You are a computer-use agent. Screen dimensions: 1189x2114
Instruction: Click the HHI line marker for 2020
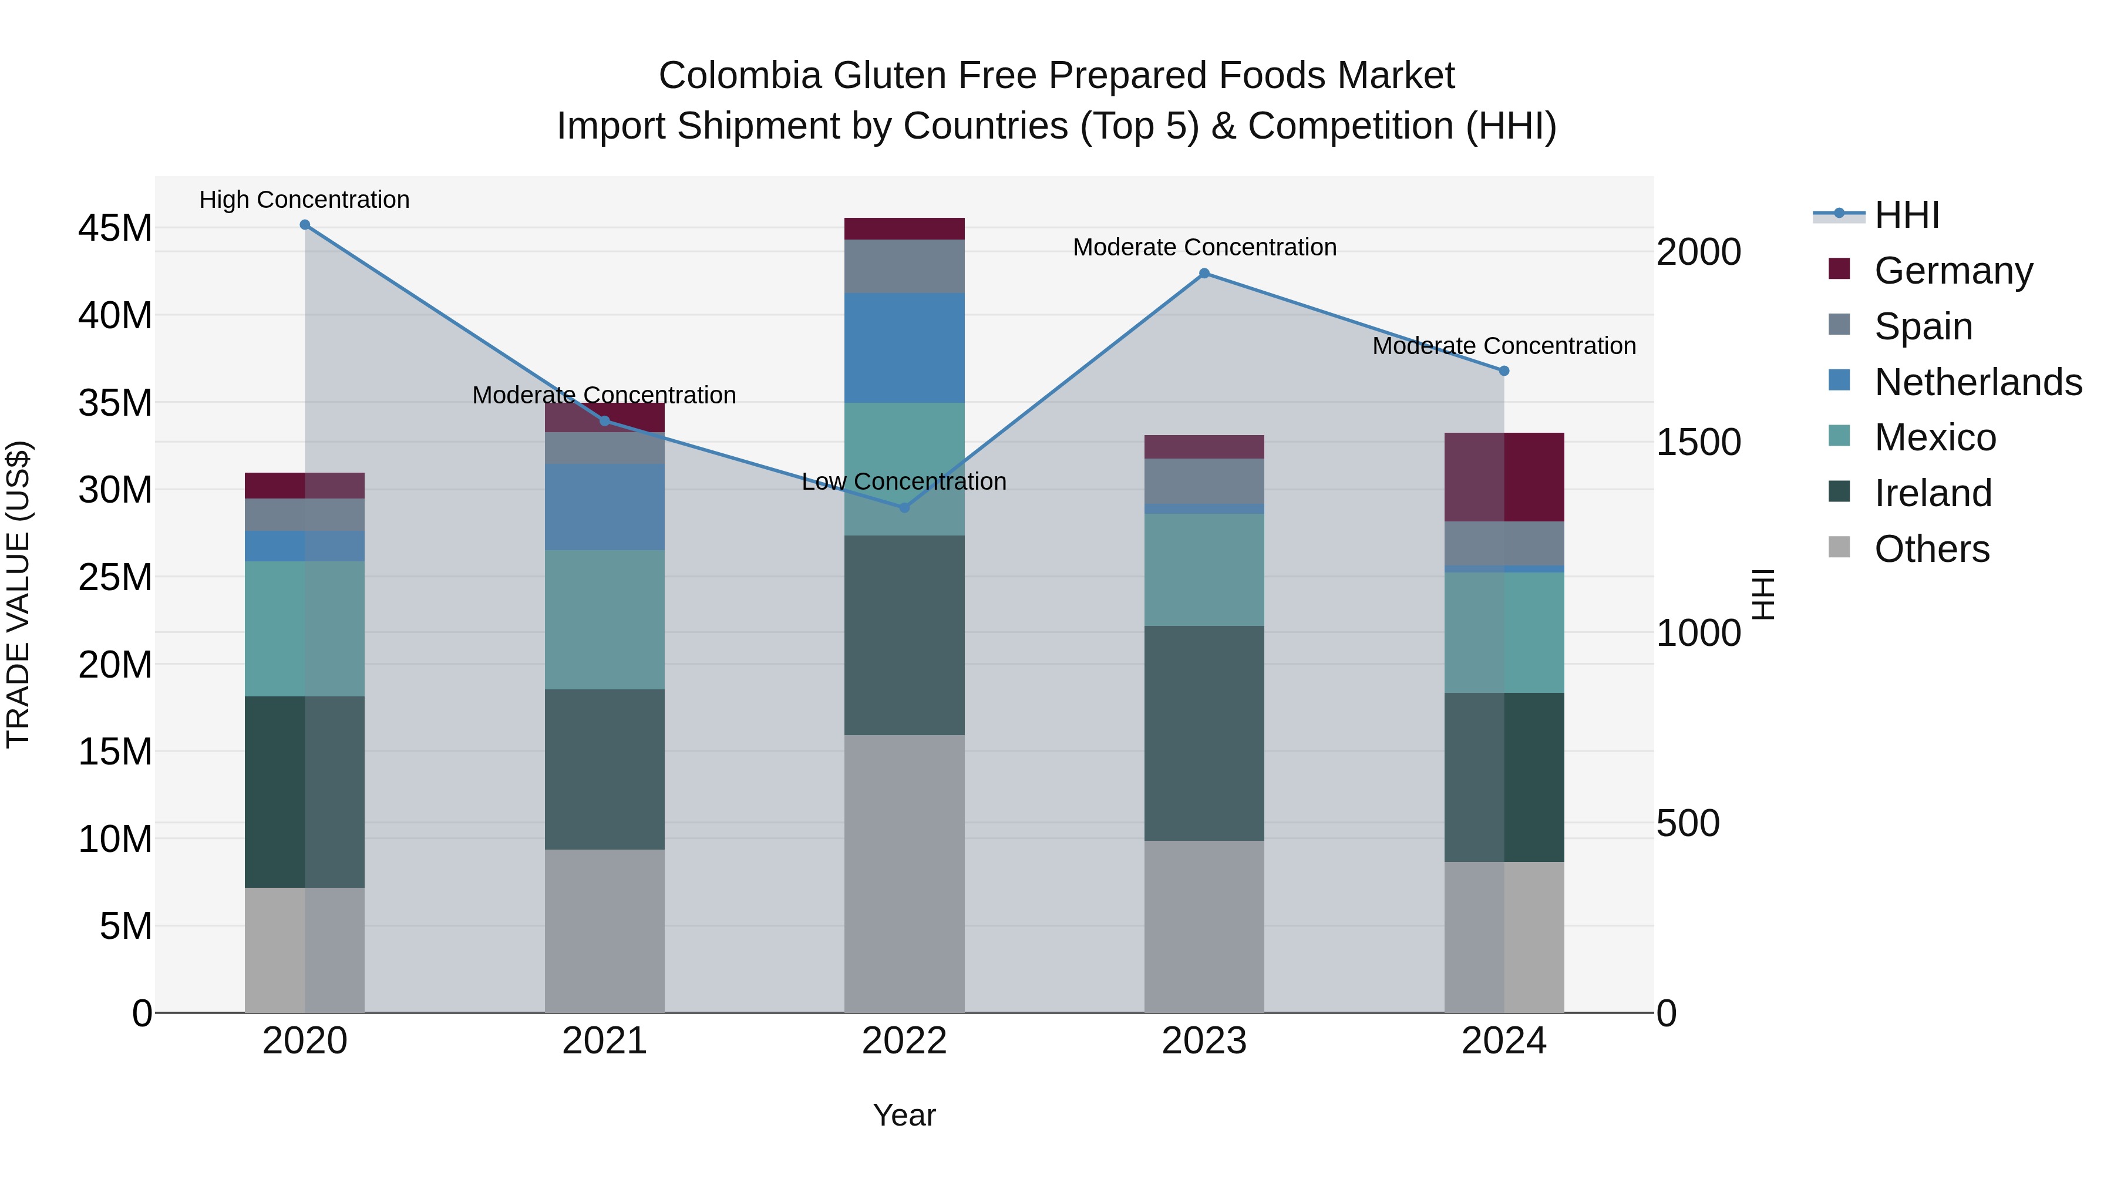point(304,225)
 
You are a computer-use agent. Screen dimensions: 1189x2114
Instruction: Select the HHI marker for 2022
point(904,508)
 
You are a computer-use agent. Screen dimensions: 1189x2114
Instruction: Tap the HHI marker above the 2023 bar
point(1204,273)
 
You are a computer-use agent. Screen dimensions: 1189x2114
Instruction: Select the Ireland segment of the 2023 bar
point(1204,733)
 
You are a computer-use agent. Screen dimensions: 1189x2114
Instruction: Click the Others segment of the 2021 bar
point(604,931)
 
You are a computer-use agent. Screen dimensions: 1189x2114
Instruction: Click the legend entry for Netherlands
point(1978,382)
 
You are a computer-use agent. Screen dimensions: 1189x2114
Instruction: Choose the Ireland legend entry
point(1933,493)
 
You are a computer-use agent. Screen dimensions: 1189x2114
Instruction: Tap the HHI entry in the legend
point(1906,215)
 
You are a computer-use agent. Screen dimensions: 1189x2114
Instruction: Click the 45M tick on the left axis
point(115,228)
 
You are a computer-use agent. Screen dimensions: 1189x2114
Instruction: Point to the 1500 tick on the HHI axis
point(1698,442)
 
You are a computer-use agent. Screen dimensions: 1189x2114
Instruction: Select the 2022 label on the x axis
point(904,1041)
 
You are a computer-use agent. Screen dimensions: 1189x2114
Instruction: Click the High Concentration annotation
point(304,200)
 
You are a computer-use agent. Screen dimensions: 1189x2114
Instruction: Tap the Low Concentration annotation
point(904,481)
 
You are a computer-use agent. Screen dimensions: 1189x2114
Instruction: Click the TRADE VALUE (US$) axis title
point(18,594)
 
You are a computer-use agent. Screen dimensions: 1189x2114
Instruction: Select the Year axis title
point(904,1115)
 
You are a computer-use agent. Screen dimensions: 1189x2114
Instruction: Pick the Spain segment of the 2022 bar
point(904,266)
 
